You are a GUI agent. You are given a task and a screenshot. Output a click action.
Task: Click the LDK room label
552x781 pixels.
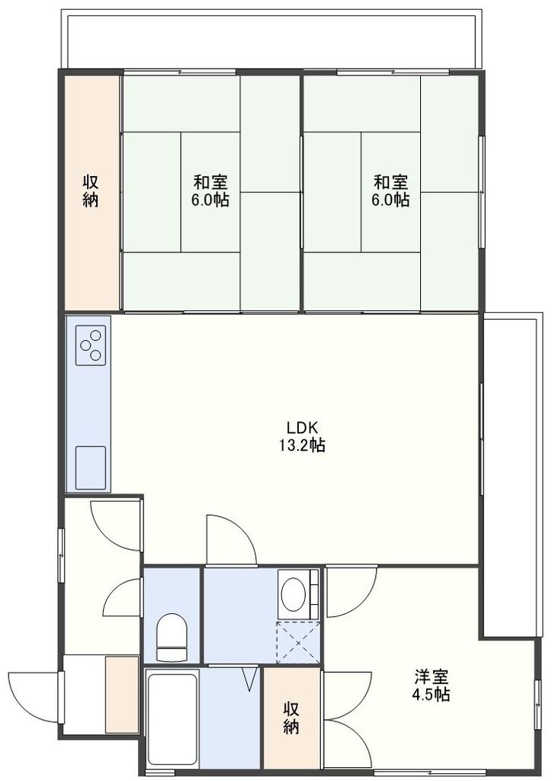298,427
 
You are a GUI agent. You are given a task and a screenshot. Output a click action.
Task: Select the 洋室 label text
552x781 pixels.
431,677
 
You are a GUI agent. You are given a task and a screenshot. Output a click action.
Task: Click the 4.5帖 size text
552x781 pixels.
431,695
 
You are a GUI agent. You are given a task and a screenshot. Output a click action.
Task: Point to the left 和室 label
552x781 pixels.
210,182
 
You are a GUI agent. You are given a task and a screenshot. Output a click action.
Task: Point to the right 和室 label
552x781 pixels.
390,182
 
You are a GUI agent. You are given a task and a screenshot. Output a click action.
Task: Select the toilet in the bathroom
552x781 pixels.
171,638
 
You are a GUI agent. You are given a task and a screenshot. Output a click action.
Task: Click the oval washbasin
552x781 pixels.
293,594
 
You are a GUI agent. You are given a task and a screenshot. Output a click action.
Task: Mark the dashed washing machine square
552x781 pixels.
297,641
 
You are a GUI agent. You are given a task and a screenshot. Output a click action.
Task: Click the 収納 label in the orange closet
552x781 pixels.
91,191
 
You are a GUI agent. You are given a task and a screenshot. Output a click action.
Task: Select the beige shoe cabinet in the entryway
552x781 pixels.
121,694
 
